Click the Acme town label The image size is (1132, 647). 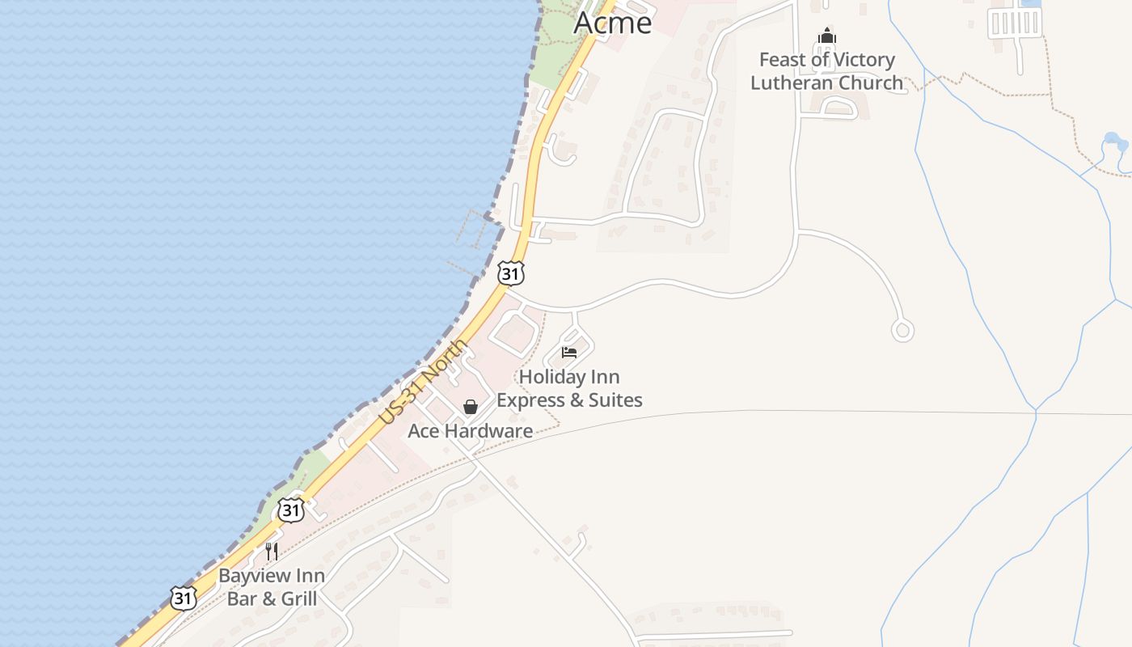[x=612, y=23]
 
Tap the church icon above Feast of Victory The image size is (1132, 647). [x=826, y=36]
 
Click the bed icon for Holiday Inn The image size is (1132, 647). [x=569, y=352]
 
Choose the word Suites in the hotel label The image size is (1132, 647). [x=611, y=400]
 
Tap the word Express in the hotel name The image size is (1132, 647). [x=534, y=400]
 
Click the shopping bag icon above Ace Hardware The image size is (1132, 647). [x=470, y=407]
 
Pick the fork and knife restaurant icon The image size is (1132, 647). [x=272, y=552]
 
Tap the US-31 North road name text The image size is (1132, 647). [x=424, y=382]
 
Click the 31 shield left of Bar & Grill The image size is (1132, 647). [x=184, y=598]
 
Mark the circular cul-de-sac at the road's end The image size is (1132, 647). [x=902, y=330]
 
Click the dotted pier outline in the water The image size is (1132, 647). [x=474, y=230]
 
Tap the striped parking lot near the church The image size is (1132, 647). [x=1014, y=23]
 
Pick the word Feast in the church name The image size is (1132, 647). [x=783, y=60]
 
